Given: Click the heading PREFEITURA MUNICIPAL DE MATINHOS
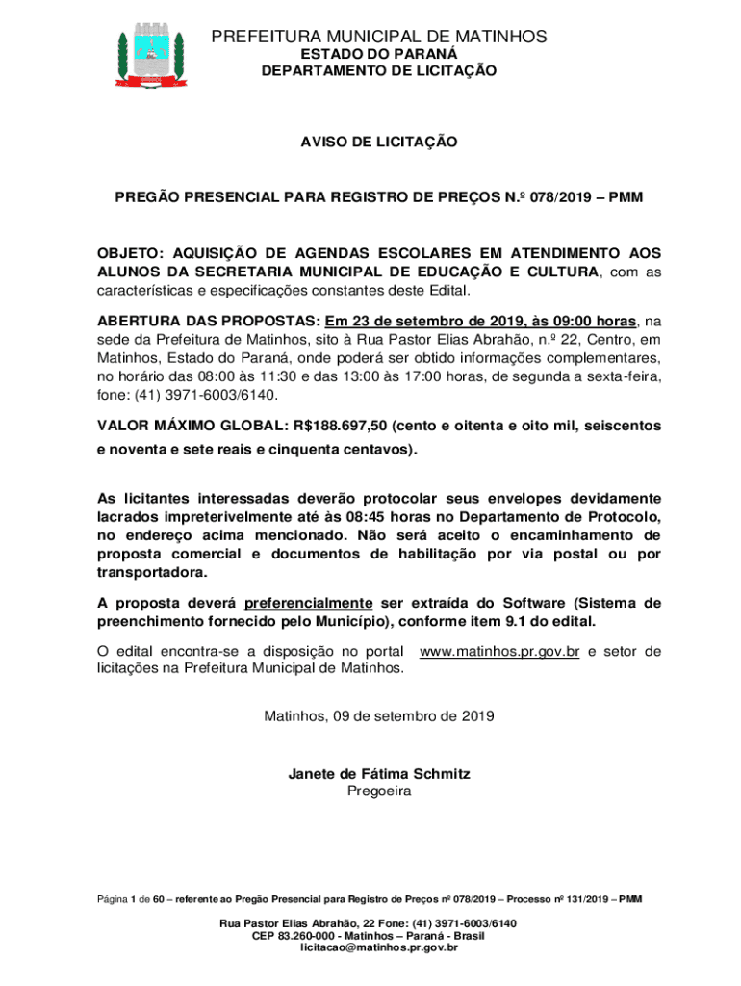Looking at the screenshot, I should [x=379, y=37].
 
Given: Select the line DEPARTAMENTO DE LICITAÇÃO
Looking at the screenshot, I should [x=379, y=71].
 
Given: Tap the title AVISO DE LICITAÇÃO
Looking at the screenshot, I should [x=379, y=143].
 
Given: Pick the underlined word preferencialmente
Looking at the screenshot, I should [x=308, y=603].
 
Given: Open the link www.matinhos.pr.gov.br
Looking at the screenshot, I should [x=499, y=652].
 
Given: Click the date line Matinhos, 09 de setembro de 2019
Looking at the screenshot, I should [x=379, y=716].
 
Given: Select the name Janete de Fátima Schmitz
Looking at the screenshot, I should [x=379, y=774].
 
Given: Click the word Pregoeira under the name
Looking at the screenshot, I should [x=379, y=791].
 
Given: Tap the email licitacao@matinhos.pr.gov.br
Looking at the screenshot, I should [x=379, y=948].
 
